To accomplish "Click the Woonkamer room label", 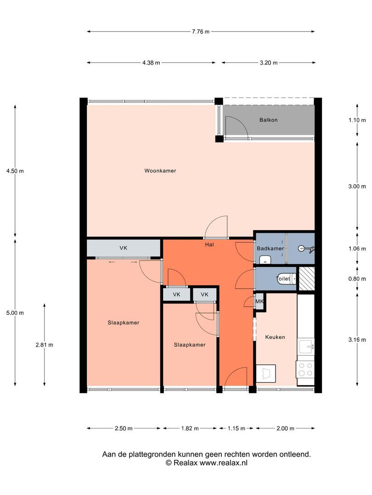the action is pyautogui.click(x=160, y=171).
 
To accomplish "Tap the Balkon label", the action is pyautogui.click(x=268, y=120).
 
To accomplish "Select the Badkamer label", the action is pyautogui.click(x=270, y=248).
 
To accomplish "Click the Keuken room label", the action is pyautogui.click(x=275, y=337).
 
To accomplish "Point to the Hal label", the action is pyautogui.click(x=209, y=245).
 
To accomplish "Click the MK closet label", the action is pyautogui.click(x=259, y=302).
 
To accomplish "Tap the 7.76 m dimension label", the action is pyautogui.click(x=201, y=32).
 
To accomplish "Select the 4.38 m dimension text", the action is pyautogui.click(x=151, y=63).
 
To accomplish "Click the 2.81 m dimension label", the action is pyautogui.click(x=44, y=345).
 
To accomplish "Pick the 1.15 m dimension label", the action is pyautogui.click(x=237, y=429).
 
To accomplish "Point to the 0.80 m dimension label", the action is pyautogui.click(x=357, y=279).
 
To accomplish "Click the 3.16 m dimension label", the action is pyautogui.click(x=357, y=340).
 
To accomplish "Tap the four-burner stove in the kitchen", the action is pyautogui.click(x=305, y=369).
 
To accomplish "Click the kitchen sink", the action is pyautogui.click(x=306, y=346).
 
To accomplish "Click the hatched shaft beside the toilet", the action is pyautogui.click(x=307, y=279).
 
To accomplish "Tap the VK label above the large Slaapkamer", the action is pyautogui.click(x=124, y=248).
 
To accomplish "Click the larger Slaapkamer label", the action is pyautogui.click(x=124, y=323).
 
